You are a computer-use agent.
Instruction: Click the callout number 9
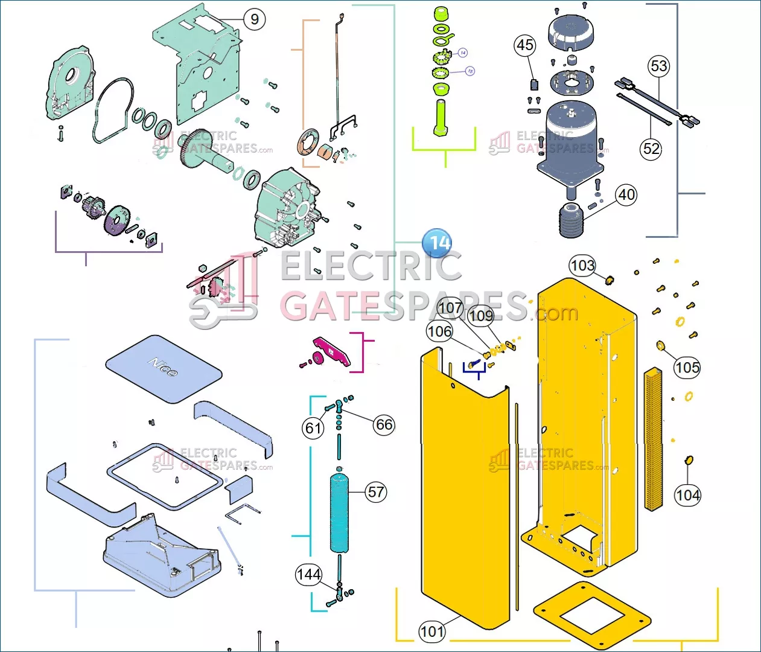pos(255,19)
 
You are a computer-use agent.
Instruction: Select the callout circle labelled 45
pos(525,45)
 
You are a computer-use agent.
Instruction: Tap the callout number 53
pos(659,66)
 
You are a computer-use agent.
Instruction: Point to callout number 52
pos(651,149)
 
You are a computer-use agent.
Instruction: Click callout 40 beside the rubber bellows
pos(626,195)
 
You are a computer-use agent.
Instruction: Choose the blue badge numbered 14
pos(438,243)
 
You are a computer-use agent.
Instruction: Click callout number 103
pos(582,266)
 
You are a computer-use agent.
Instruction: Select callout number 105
pos(687,368)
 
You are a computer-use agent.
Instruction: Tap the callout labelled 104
pos(687,496)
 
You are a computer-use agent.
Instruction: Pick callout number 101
pos(432,631)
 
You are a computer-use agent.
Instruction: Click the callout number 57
pos(377,492)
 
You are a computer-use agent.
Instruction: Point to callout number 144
pos(308,574)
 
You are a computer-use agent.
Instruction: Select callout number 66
pos(384,424)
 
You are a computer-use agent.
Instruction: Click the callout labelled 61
pos(313,428)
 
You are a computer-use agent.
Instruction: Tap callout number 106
pos(439,331)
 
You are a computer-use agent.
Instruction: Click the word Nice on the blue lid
pos(163,366)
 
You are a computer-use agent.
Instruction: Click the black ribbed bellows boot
pos(571,221)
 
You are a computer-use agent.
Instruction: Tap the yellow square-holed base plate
pos(592,616)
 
